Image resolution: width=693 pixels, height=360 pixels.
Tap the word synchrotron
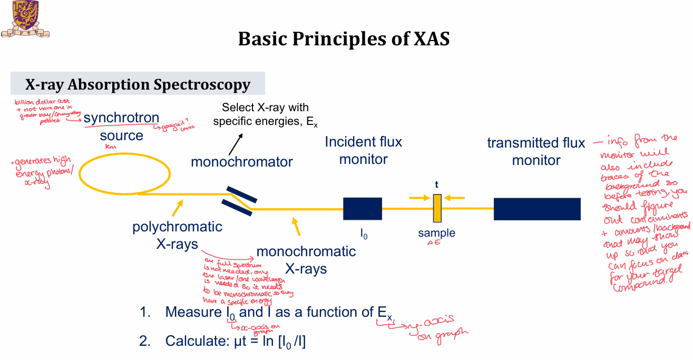pyautogui.click(x=121, y=118)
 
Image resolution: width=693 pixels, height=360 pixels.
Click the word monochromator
pyautogui.click(x=241, y=161)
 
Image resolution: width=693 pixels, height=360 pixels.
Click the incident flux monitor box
pyautogui.click(x=363, y=209)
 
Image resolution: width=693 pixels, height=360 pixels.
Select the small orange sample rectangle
pyautogui.click(x=437, y=208)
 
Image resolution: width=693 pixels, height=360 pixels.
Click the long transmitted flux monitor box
pyautogui.click(x=536, y=209)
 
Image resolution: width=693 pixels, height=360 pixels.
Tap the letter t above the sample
pyautogui.click(x=436, y=184)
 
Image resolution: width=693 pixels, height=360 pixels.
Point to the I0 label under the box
pyautogui.click(x=364, y=234)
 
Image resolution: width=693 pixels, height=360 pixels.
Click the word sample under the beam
pyautogui.click(x=436, y=233)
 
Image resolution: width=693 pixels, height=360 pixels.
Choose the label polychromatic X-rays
pyautogui.click(x=177, y=235)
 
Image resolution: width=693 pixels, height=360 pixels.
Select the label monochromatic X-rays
pyautogui.click(x=306, y=260)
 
